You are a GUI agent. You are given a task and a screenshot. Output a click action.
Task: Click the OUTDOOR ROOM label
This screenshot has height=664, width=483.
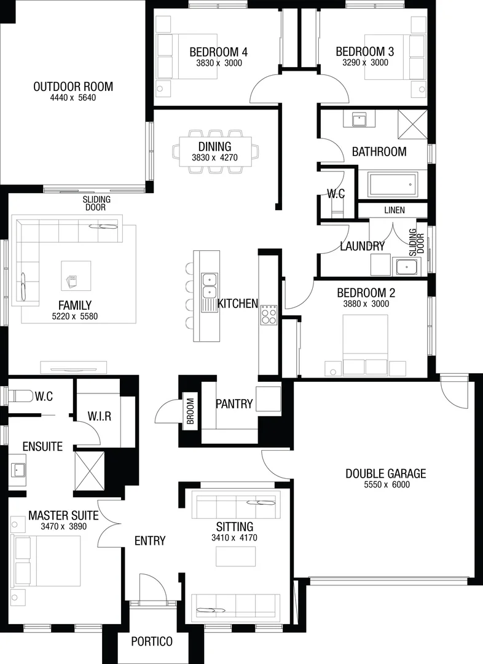click(x=73, y=87)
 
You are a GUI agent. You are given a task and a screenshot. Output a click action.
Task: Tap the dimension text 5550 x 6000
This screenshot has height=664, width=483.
click(x=385, y=484)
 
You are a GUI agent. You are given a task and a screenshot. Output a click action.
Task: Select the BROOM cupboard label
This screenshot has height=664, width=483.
click(x=190, y=411)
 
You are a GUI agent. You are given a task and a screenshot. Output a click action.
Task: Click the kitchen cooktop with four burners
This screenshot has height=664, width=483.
click(x=269, y=314)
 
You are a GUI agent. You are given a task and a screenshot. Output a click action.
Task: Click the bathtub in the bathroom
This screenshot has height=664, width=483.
click(x=391, y=184)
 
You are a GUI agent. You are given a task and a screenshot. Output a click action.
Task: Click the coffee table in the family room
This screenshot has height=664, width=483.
click(x=76, y=275)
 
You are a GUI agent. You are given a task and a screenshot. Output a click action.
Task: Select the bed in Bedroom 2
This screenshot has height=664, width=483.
click(x=365, y=344)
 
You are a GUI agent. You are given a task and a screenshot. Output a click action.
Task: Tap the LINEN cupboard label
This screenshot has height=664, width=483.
click(x=395, y=210)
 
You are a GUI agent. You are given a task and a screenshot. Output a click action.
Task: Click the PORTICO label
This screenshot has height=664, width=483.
click(x=152, y=641)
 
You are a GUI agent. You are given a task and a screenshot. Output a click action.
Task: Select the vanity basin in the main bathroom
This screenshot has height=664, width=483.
click(x=359, y=119)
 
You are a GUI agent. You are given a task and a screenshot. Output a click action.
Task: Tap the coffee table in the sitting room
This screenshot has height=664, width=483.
click(x=236, y=555)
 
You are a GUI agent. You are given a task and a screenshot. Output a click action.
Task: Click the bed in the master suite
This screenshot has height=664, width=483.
click(x=47, y=561)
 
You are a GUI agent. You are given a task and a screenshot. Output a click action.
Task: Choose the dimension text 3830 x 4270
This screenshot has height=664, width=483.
click(x=214, y=158)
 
